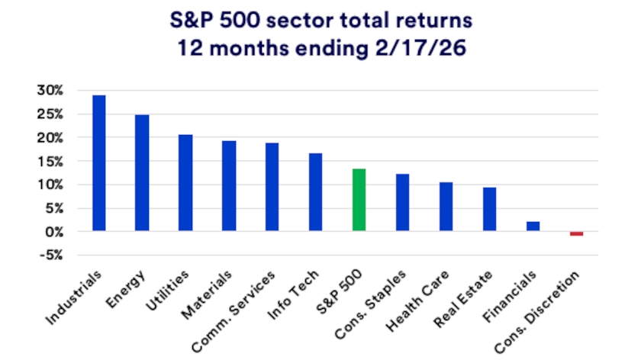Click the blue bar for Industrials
tap(98, 163)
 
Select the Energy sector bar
tap(142, 173)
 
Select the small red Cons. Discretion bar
tap(576, 233)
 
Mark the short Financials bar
tap(533, 227)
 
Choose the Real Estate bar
tap(489, 209)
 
